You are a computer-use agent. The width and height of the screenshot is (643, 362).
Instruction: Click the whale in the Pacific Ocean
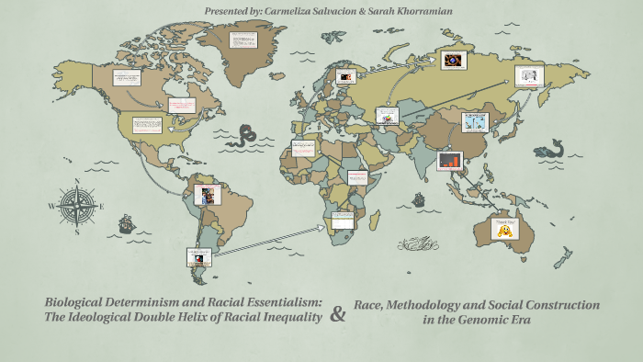coord(550,148)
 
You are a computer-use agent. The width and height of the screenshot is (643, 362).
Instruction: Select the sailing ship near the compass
coord(127,222)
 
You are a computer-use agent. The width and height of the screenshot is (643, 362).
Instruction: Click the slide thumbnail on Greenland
coord(244,40)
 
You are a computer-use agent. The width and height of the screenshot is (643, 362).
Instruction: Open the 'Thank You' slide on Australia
coord(502,226)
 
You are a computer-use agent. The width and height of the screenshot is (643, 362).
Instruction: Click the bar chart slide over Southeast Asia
coord(450,160)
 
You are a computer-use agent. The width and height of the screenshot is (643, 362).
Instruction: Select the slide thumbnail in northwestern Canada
coord(127,77)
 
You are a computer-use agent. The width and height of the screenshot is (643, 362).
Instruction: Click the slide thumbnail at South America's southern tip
coord(198,255)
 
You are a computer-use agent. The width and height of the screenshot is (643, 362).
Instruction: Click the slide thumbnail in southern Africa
coord(343,219)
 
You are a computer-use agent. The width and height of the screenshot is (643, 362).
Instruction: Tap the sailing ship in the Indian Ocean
coord(419,198)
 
